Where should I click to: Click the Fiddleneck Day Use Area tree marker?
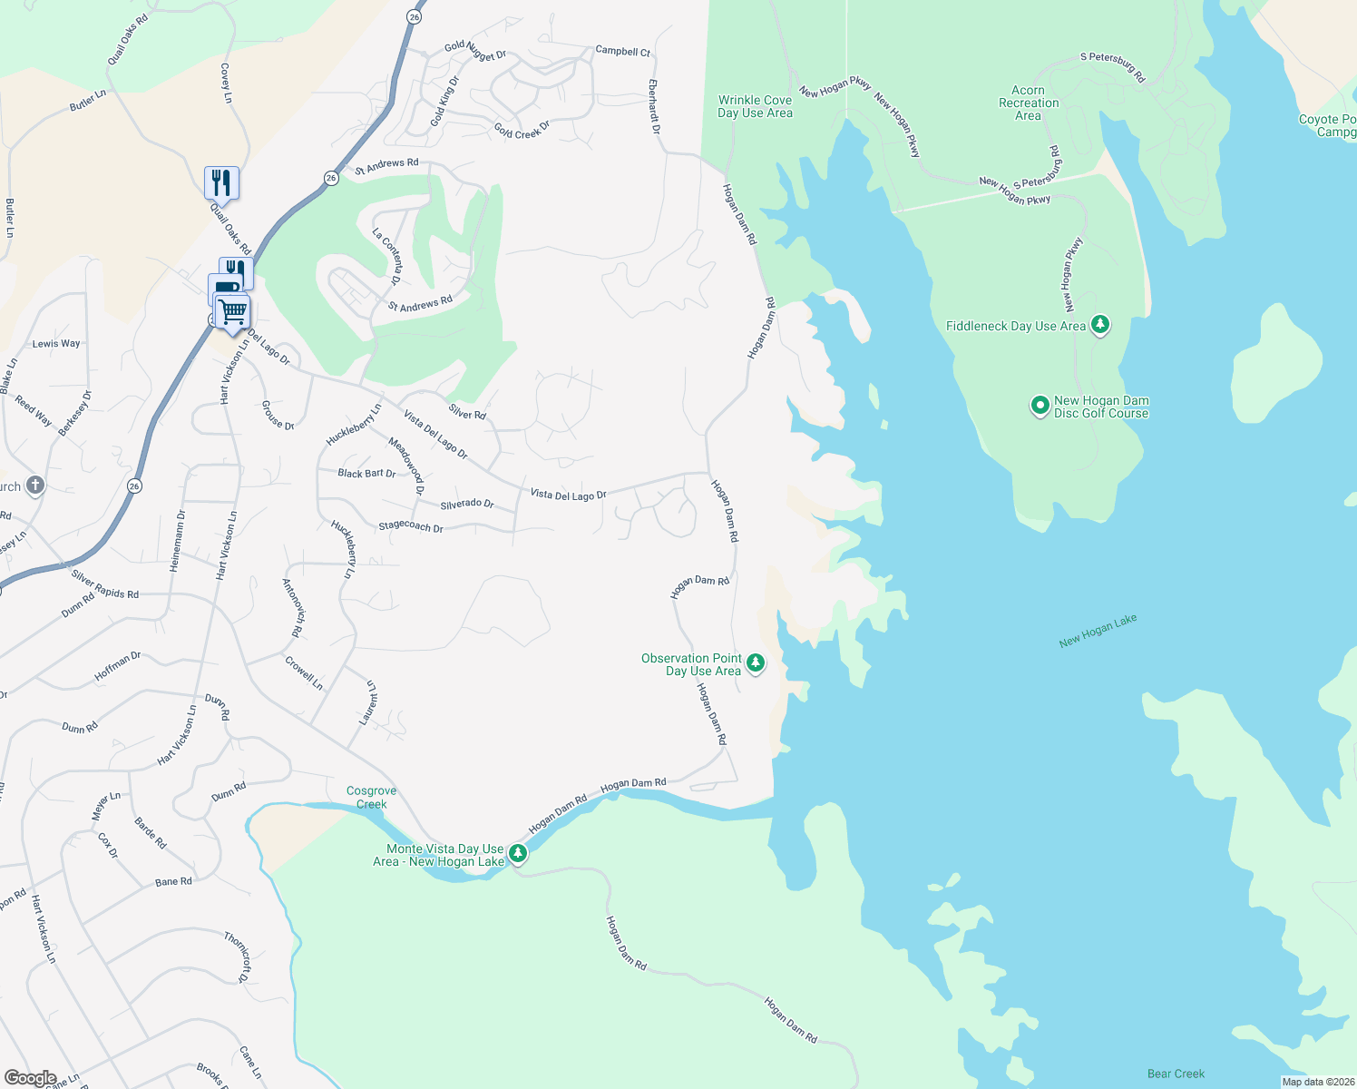pyautogui.click(x=1100, y=324)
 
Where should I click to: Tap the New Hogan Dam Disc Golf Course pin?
pyautogui.click(x=1040, y=406)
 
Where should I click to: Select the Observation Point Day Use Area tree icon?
pyautogui.click(x=755, y=663)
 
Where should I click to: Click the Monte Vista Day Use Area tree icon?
pyautogui.click(x=518, y=853)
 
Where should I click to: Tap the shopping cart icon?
pyautogui.click(x=233, y=312)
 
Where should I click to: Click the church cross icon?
pyautogui.click(x=34, y=486)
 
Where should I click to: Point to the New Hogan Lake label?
pyautogui.click(x=1098, y=631)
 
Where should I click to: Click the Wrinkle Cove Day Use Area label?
pyautogui.click(x=755, y=107)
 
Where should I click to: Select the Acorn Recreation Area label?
pyautogui.click(x=1029, y=103)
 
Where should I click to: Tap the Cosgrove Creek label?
pyautogui.click(x=371, y=798)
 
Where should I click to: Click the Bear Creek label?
pyautogui.click(x=1176, y=1074)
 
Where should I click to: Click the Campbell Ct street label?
pyautogui.click(x=622, y=52)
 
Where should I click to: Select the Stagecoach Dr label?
pyautogui.click(x=410, y=526)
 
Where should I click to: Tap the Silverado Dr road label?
pyautogui.click(x=466, y=504)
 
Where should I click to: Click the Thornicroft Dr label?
pyautogui.click(x=237, y=956)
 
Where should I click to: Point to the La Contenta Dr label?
pyautogui.click(x=387, y=256)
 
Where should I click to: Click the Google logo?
pyautogui.click(x=31, y=1077)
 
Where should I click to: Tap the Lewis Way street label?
pyautogui.click(x=56, y=344)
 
